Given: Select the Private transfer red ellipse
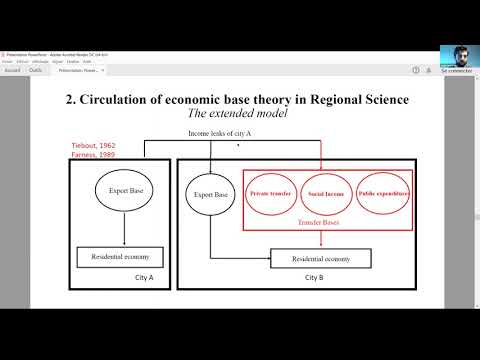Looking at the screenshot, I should [x=272, y=192].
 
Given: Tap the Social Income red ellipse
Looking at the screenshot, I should [x=329, y=192].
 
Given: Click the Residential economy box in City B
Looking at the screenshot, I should [x=320, y=259].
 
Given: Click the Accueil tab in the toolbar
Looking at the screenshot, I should [x=12, y=70].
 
